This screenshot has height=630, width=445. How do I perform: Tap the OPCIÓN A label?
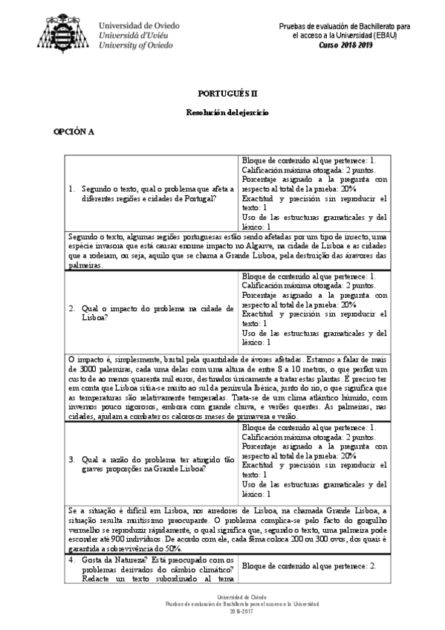click(74, 131)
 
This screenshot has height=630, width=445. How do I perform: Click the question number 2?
click(71, 306)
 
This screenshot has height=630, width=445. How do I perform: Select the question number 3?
click(71, 459)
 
